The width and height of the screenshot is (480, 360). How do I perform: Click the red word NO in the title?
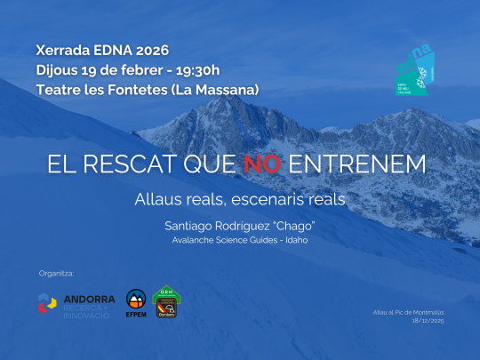point(264,164)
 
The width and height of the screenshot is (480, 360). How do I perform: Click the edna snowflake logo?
point(414,68)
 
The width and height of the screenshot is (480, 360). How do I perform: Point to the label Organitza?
point(57,271)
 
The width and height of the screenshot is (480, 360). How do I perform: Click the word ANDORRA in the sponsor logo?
point(89,299)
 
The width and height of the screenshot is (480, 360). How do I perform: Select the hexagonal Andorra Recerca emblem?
point(48,303)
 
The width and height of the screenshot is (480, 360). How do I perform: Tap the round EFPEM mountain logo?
point(136,302)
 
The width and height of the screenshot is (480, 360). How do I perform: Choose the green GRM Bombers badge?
point(166,301)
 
